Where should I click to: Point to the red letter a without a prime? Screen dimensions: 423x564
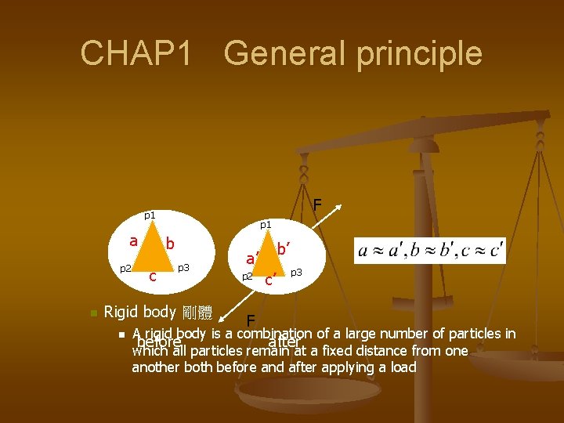(x=134, y=240)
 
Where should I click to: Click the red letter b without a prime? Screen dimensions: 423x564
(x=169, y=244)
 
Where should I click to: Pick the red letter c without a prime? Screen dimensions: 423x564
(x=153, y=276)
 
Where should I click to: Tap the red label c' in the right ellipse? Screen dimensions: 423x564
(x=269, y=279)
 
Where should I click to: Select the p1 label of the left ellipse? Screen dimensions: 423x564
(x=149, y=215)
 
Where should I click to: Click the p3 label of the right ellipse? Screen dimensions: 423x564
(x=296, y=273)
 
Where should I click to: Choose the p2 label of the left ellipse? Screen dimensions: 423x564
(x=125, y=269)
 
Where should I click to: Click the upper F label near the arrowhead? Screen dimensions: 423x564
(x=317, y=205)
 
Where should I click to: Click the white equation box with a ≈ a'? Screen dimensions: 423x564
(x=430, y=251)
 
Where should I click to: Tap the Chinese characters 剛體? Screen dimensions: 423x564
(x=197, y=313)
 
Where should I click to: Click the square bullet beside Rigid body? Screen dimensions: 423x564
(x=93, y=313)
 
